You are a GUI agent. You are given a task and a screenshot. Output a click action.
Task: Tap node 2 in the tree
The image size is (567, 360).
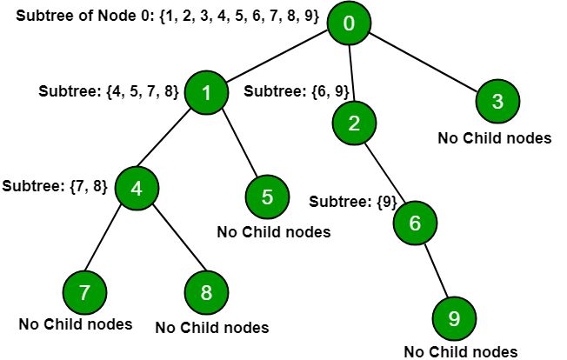pyautogui.click(x=353, y=123)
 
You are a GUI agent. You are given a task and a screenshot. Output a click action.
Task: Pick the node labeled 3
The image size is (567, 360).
pyautogui.click(x=497, y=101)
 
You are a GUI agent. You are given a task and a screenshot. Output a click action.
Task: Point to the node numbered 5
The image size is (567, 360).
pyautogui.click(x=267, y=196)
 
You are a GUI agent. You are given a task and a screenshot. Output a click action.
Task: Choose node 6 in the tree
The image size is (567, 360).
pyautogui.click(x=415, y=223)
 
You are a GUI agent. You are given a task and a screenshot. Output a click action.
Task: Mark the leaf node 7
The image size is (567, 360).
pyautogui.click(x=84, y=292)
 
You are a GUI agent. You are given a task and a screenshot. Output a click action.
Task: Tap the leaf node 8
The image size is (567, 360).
pyautogui.click(x=206, y=292)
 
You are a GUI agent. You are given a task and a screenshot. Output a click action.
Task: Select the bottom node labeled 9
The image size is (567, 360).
pyautogui.click(x=453, y=319)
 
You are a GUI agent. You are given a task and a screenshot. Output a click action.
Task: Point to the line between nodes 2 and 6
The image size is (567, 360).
pyautogui.click(x=384, y=173)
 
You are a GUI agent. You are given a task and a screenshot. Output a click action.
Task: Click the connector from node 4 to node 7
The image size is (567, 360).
pyautogui.click(x=110, y=239)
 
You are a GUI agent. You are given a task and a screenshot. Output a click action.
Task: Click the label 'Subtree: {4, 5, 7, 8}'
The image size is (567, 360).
pyautogui.click(x=109, y=91)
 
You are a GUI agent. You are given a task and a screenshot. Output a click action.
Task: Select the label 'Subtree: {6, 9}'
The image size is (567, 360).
pyautogui.click(x=287, y=91)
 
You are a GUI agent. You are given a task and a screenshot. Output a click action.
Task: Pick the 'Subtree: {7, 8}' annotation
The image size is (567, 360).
pyautogui.click(x=55, y=185)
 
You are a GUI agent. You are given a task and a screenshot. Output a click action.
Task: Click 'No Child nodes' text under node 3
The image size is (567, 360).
pyautogui.click(x=494, y=138)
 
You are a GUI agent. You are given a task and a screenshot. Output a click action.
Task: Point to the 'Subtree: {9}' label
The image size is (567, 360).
pyautogui.click(x=348, y=202)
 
